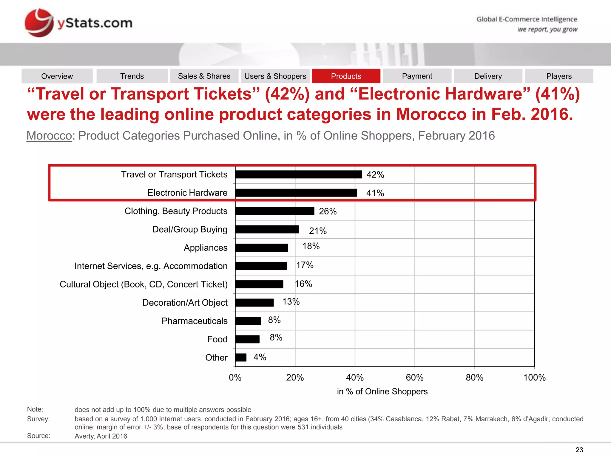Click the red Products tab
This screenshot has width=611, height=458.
346,76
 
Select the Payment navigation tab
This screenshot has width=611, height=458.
417,76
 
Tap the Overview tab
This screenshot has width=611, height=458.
57,76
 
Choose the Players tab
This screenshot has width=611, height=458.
559,76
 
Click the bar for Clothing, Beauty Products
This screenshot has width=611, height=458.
274,211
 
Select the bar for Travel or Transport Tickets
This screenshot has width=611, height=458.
298,174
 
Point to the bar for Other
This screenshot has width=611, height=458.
241,357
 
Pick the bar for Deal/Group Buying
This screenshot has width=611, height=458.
267,229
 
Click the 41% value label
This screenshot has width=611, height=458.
375,193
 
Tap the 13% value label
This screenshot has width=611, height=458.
291,302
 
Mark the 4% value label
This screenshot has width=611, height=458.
260,357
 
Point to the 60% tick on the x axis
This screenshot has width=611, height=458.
415,377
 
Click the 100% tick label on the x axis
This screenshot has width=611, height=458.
534,377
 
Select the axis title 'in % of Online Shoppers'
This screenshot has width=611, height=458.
382,391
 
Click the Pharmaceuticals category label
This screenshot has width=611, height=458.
195,321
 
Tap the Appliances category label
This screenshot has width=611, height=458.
206,247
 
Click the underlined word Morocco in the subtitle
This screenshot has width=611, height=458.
49,136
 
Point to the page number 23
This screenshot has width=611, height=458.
579,450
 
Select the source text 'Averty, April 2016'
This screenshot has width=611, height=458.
101,436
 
